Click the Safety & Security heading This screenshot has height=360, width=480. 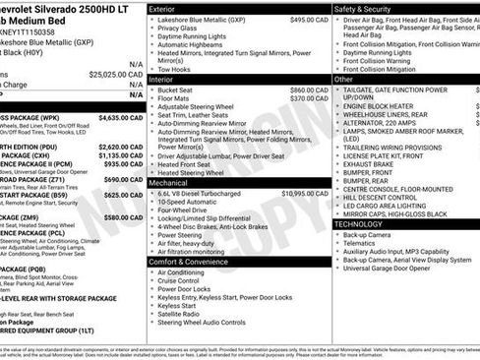[363, 8]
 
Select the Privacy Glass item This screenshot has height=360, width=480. [177, 29]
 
